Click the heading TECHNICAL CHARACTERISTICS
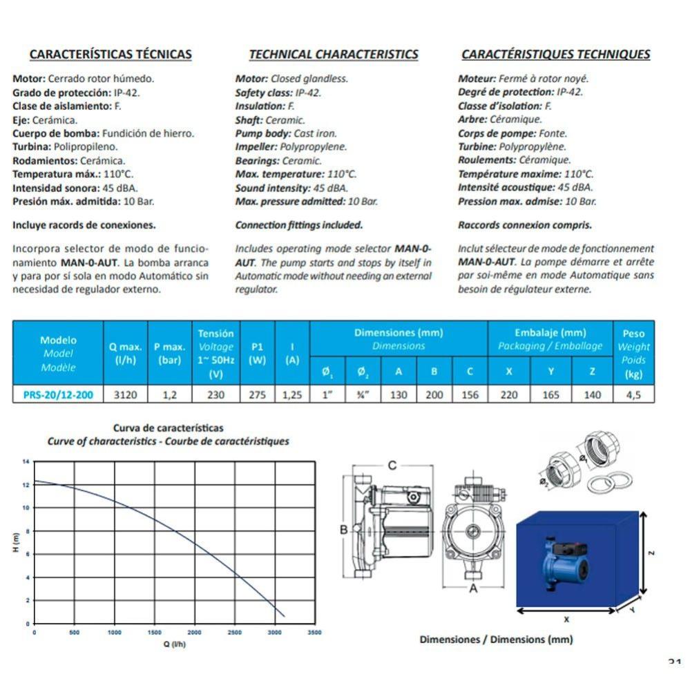[334, 54]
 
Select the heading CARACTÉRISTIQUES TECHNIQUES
[555, 54]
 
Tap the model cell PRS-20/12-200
[59, 396]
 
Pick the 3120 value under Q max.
[125, 396]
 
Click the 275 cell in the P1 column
[257, 396]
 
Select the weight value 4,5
[633, 396]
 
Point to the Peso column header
[633, 334]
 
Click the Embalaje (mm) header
[550, 333]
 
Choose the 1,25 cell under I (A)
[292, 396]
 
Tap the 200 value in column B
[434, 396]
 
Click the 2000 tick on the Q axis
[194, 632]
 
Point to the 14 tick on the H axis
[26, 461]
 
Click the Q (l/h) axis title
[174, 644]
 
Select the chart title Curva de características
[168, 428]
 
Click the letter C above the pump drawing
[392, 466]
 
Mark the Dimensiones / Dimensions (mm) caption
[496, 640]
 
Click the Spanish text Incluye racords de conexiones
[84, 225]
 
